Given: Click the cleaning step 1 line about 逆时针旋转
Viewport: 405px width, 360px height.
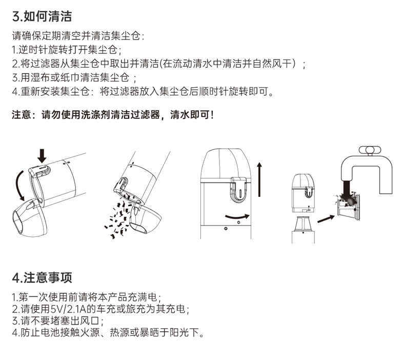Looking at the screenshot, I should coord(66,50).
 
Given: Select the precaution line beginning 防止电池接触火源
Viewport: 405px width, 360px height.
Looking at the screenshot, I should coord(108,333).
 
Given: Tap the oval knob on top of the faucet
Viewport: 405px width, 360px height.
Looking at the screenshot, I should coord(371,150).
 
